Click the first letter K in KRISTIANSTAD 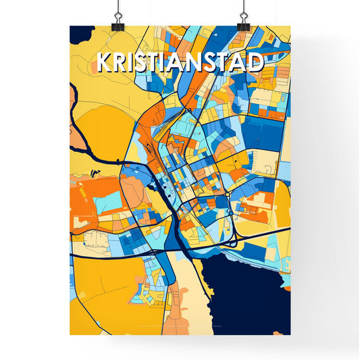point(105,62)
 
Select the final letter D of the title point(255,62)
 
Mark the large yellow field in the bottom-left point(101,284)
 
